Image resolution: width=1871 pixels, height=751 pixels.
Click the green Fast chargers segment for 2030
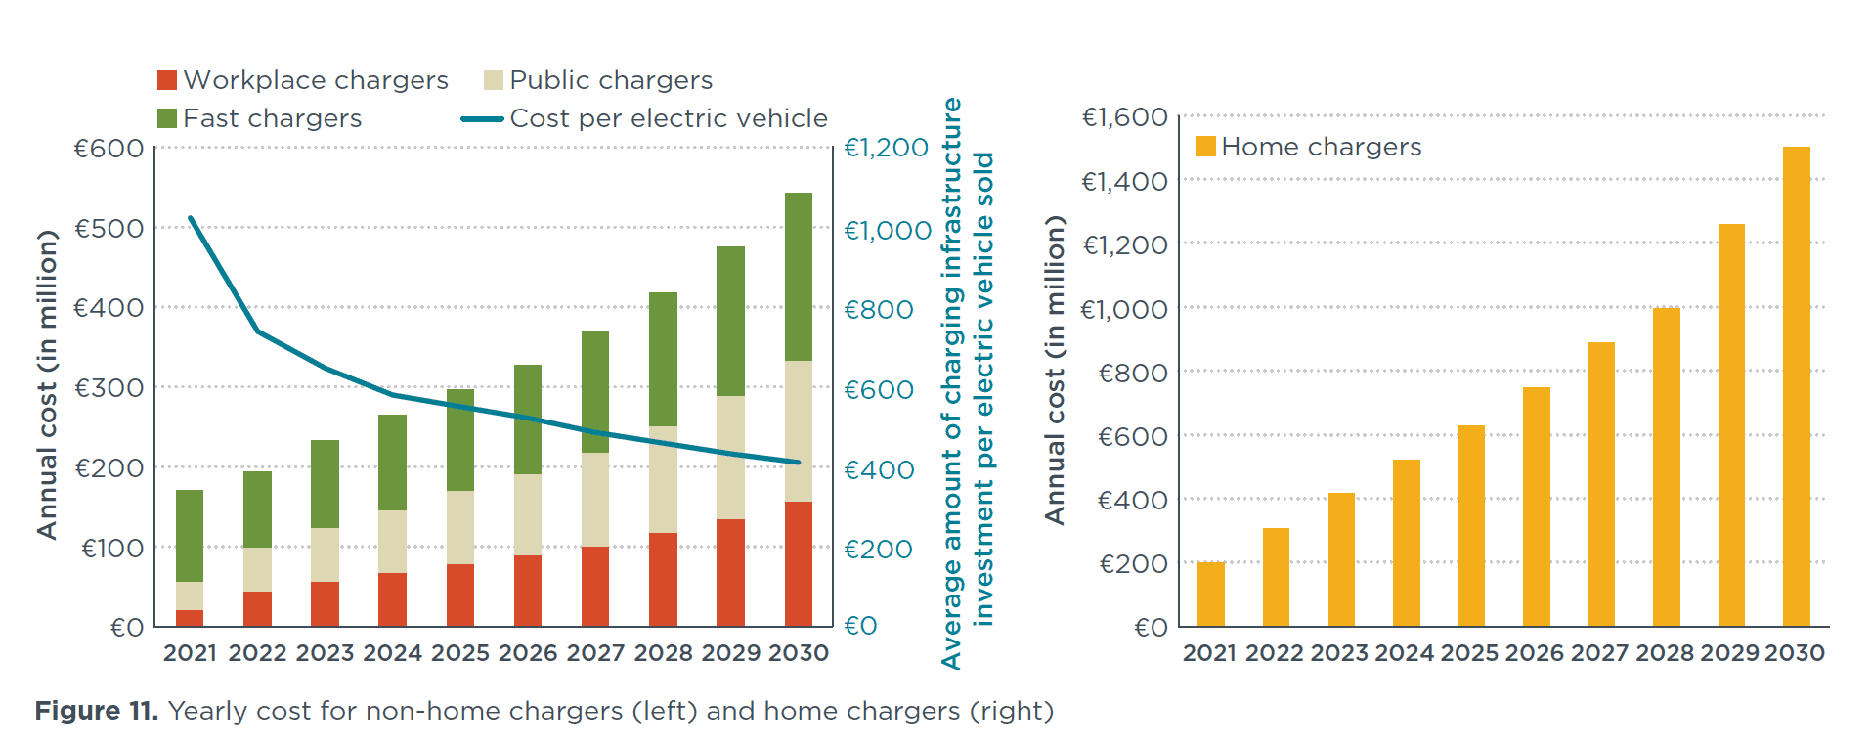[798, 277]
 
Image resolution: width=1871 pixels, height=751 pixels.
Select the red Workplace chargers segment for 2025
[459, 595]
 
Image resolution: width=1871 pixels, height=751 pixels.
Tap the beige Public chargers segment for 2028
[663, 479]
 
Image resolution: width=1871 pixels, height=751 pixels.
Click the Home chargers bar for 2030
[1796, 386]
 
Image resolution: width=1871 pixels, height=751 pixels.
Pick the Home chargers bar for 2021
[1210, 594]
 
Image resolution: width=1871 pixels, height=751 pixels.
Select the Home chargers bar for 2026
[1536, 507]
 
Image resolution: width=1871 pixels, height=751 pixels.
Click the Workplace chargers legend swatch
[167, 80]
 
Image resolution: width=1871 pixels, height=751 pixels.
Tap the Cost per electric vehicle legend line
[482, 119]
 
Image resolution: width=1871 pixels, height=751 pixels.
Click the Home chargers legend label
[1321, 147]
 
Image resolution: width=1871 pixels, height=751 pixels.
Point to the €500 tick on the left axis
[109, 228]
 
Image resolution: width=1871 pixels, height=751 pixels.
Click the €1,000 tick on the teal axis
[887, 230]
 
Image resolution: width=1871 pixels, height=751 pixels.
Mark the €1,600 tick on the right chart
[1124, 117]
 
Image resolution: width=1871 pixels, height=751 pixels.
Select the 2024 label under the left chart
[392, 653]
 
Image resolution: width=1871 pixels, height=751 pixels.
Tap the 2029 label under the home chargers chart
[1730, 653]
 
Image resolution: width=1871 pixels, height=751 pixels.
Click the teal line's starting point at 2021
[190, 218]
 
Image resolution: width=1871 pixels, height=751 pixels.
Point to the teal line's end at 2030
[799, 462]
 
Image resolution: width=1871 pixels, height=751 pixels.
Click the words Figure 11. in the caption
[96, 711]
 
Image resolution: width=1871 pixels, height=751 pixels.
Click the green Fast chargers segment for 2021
[190, 536]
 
